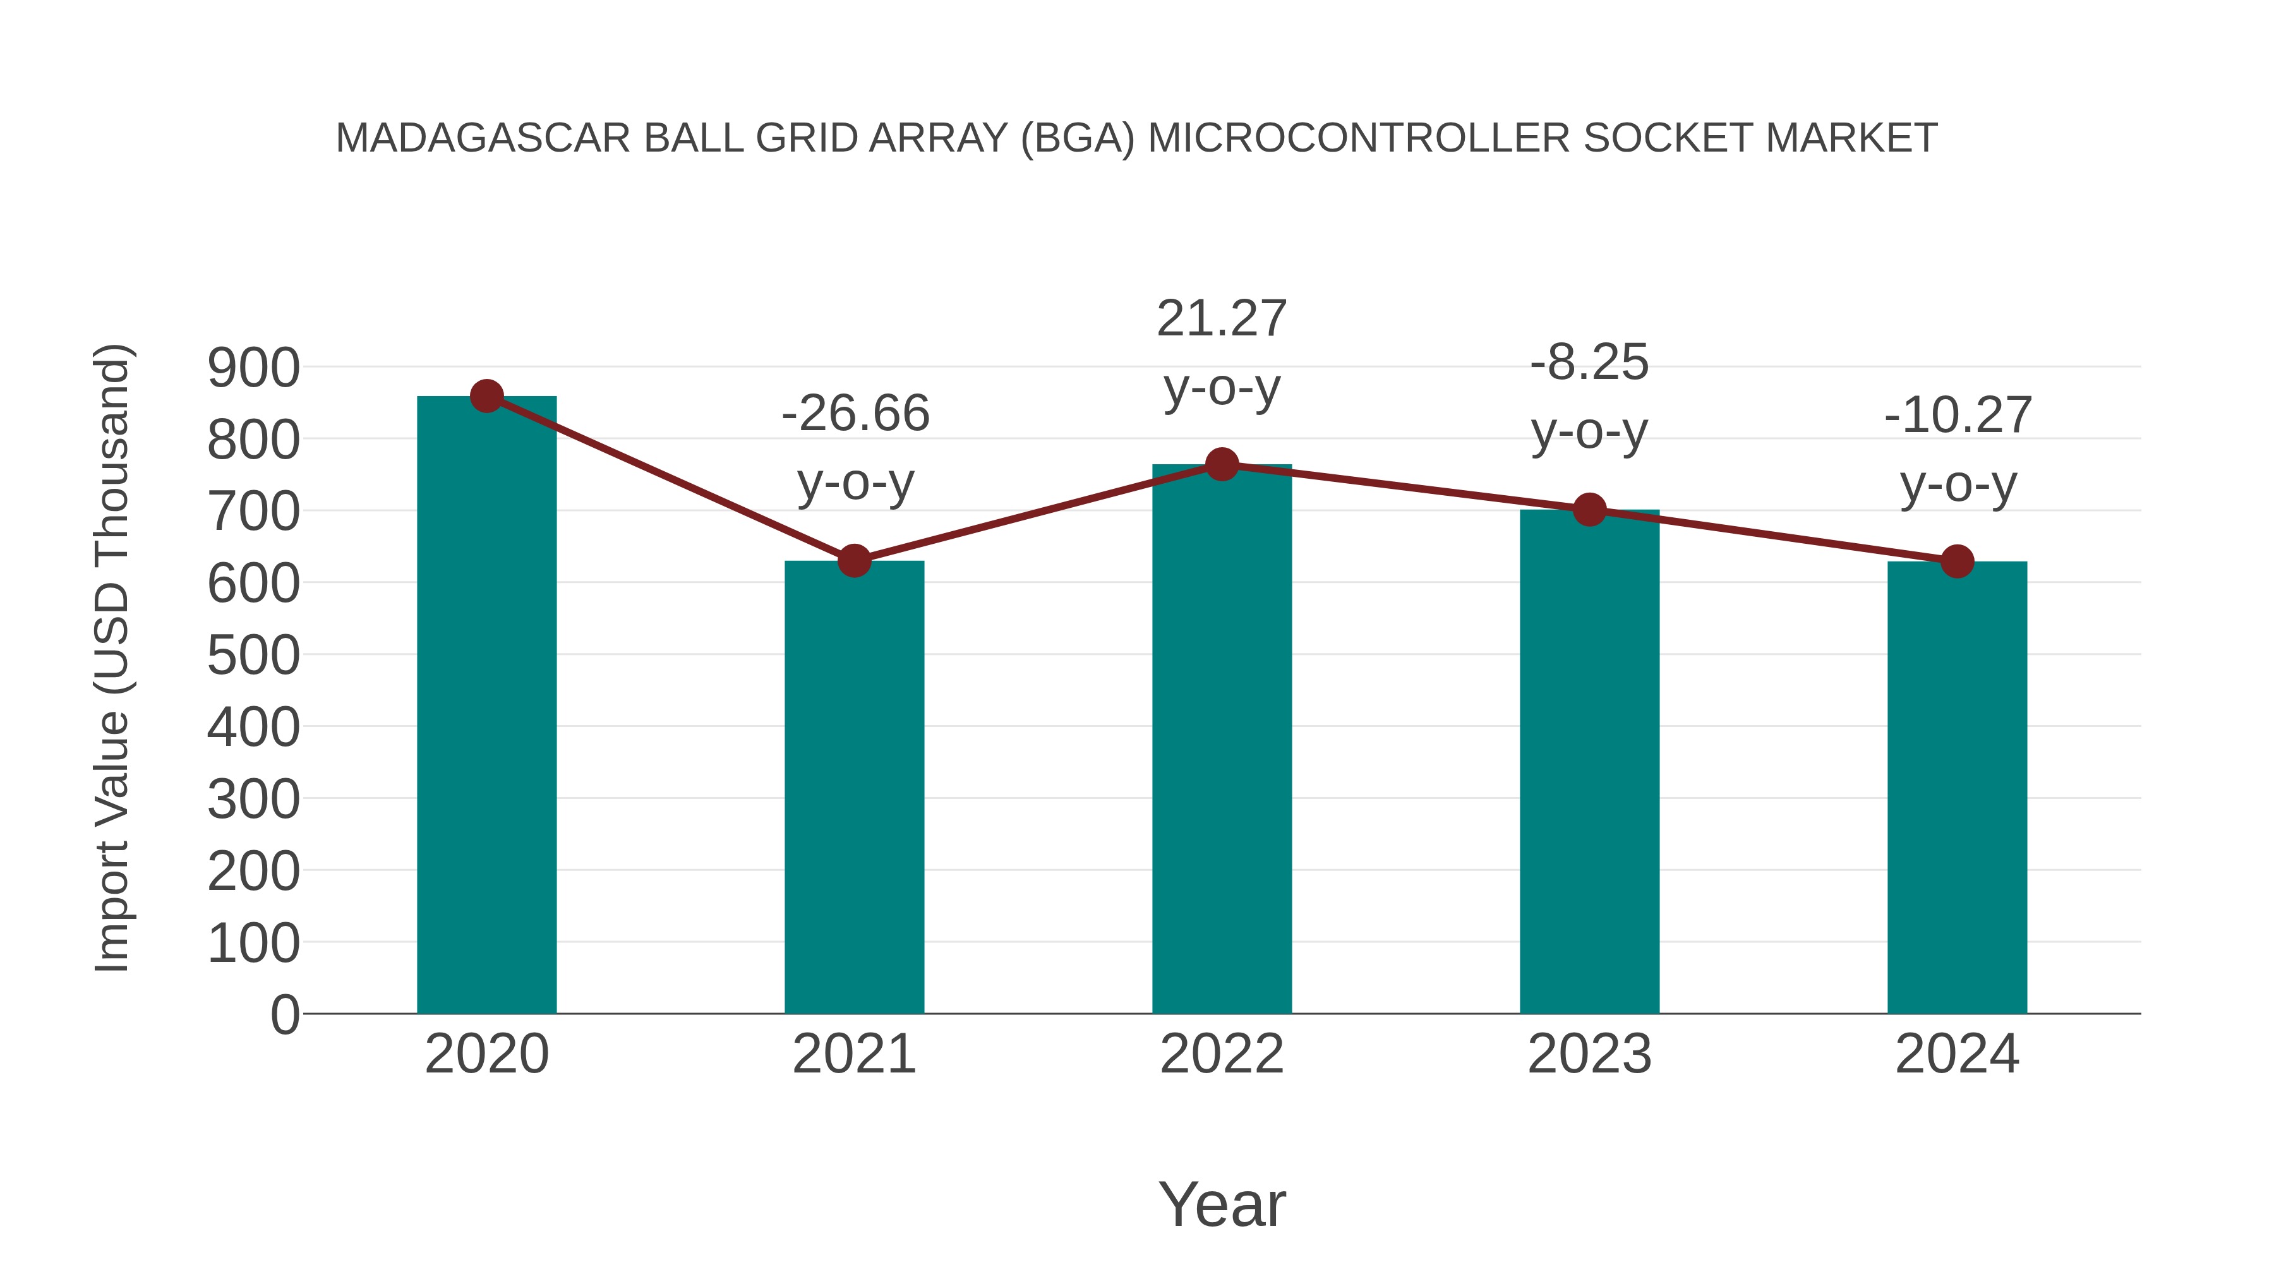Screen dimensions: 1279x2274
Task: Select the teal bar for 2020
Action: click(x=486, y=706)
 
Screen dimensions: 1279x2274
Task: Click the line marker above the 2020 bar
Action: click(x=486, y=396)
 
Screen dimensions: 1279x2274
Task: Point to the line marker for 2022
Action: click(x=1222, y=464)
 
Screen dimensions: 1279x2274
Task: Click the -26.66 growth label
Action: click(x=855, y=414)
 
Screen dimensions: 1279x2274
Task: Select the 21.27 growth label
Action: click(x=1222, y=319)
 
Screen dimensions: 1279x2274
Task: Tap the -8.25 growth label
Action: click(x=1589, y=363)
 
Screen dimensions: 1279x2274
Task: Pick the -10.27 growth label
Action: click(x=1958, y=416)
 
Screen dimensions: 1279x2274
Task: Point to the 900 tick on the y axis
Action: click(x=253, y=368)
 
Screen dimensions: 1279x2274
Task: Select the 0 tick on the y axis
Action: click(x=285, y=1014)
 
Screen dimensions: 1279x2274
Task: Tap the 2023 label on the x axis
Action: click(x=1589, y=1054)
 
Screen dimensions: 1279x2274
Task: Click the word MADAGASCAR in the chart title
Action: click(x=483, y=138)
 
